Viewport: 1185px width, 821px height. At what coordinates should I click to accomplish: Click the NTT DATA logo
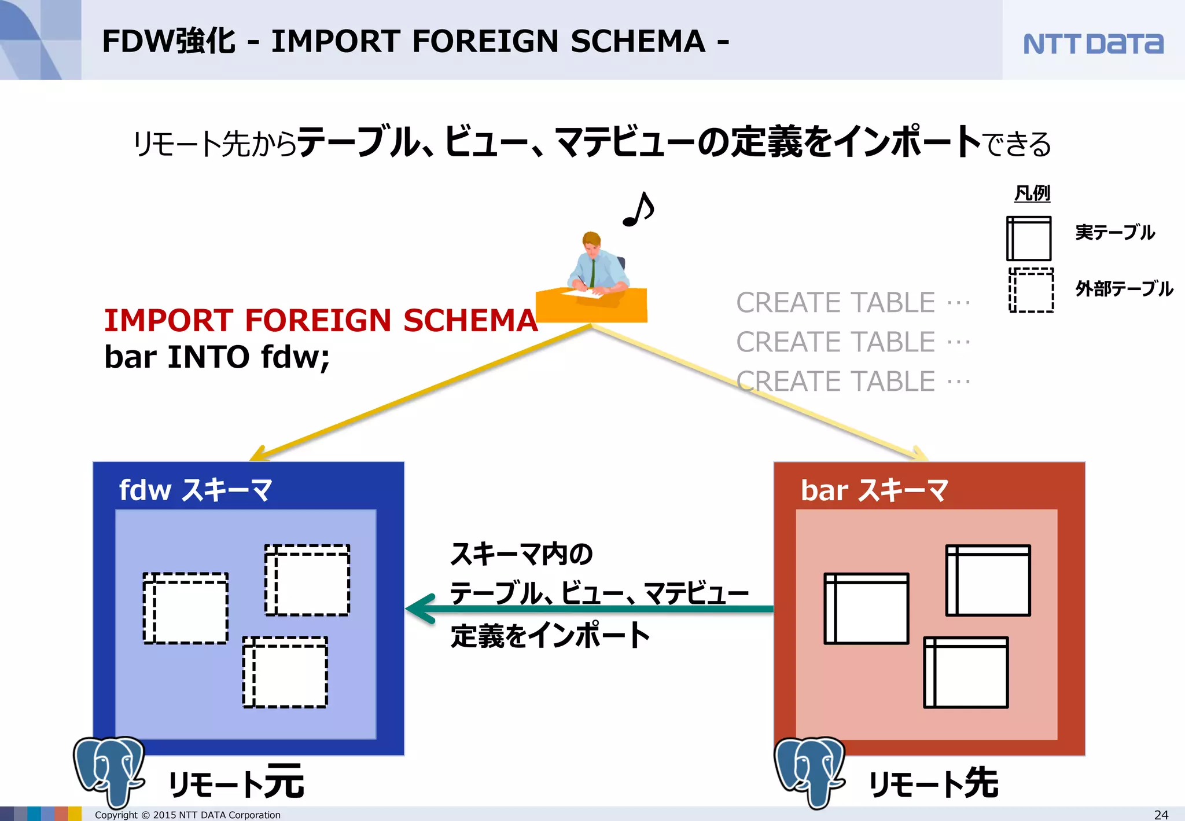click(1092, 44)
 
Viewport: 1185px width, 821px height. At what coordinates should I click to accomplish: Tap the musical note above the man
click(638, 210)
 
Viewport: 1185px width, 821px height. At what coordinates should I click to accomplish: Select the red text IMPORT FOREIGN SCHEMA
click(321, 320)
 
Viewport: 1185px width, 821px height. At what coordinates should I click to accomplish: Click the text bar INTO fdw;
click(217, 357)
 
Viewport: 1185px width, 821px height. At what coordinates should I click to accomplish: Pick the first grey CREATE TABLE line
click(852, 303)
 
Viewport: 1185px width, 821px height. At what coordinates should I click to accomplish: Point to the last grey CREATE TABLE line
click(852, 382)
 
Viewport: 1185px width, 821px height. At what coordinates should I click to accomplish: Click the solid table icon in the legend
click(1029, 239)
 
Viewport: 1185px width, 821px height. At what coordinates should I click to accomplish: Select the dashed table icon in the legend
click(1031, 290)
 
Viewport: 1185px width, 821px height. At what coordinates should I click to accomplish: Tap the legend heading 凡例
click(1032, 193)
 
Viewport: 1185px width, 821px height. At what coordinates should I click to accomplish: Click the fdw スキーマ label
click(195, 490)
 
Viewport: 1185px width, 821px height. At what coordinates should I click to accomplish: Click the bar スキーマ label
click(874, 490)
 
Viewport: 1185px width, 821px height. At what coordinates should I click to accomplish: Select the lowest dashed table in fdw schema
click(285, 672)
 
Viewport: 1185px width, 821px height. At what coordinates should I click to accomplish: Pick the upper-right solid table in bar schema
click(988, 580)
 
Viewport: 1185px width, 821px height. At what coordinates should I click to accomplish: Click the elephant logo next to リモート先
click(809, 770)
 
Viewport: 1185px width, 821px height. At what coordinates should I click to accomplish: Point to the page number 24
click(1161, 815)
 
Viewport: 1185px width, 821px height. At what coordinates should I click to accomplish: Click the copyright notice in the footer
click(187, 815)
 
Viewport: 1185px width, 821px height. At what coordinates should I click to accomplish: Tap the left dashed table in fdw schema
click(185, 608)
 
